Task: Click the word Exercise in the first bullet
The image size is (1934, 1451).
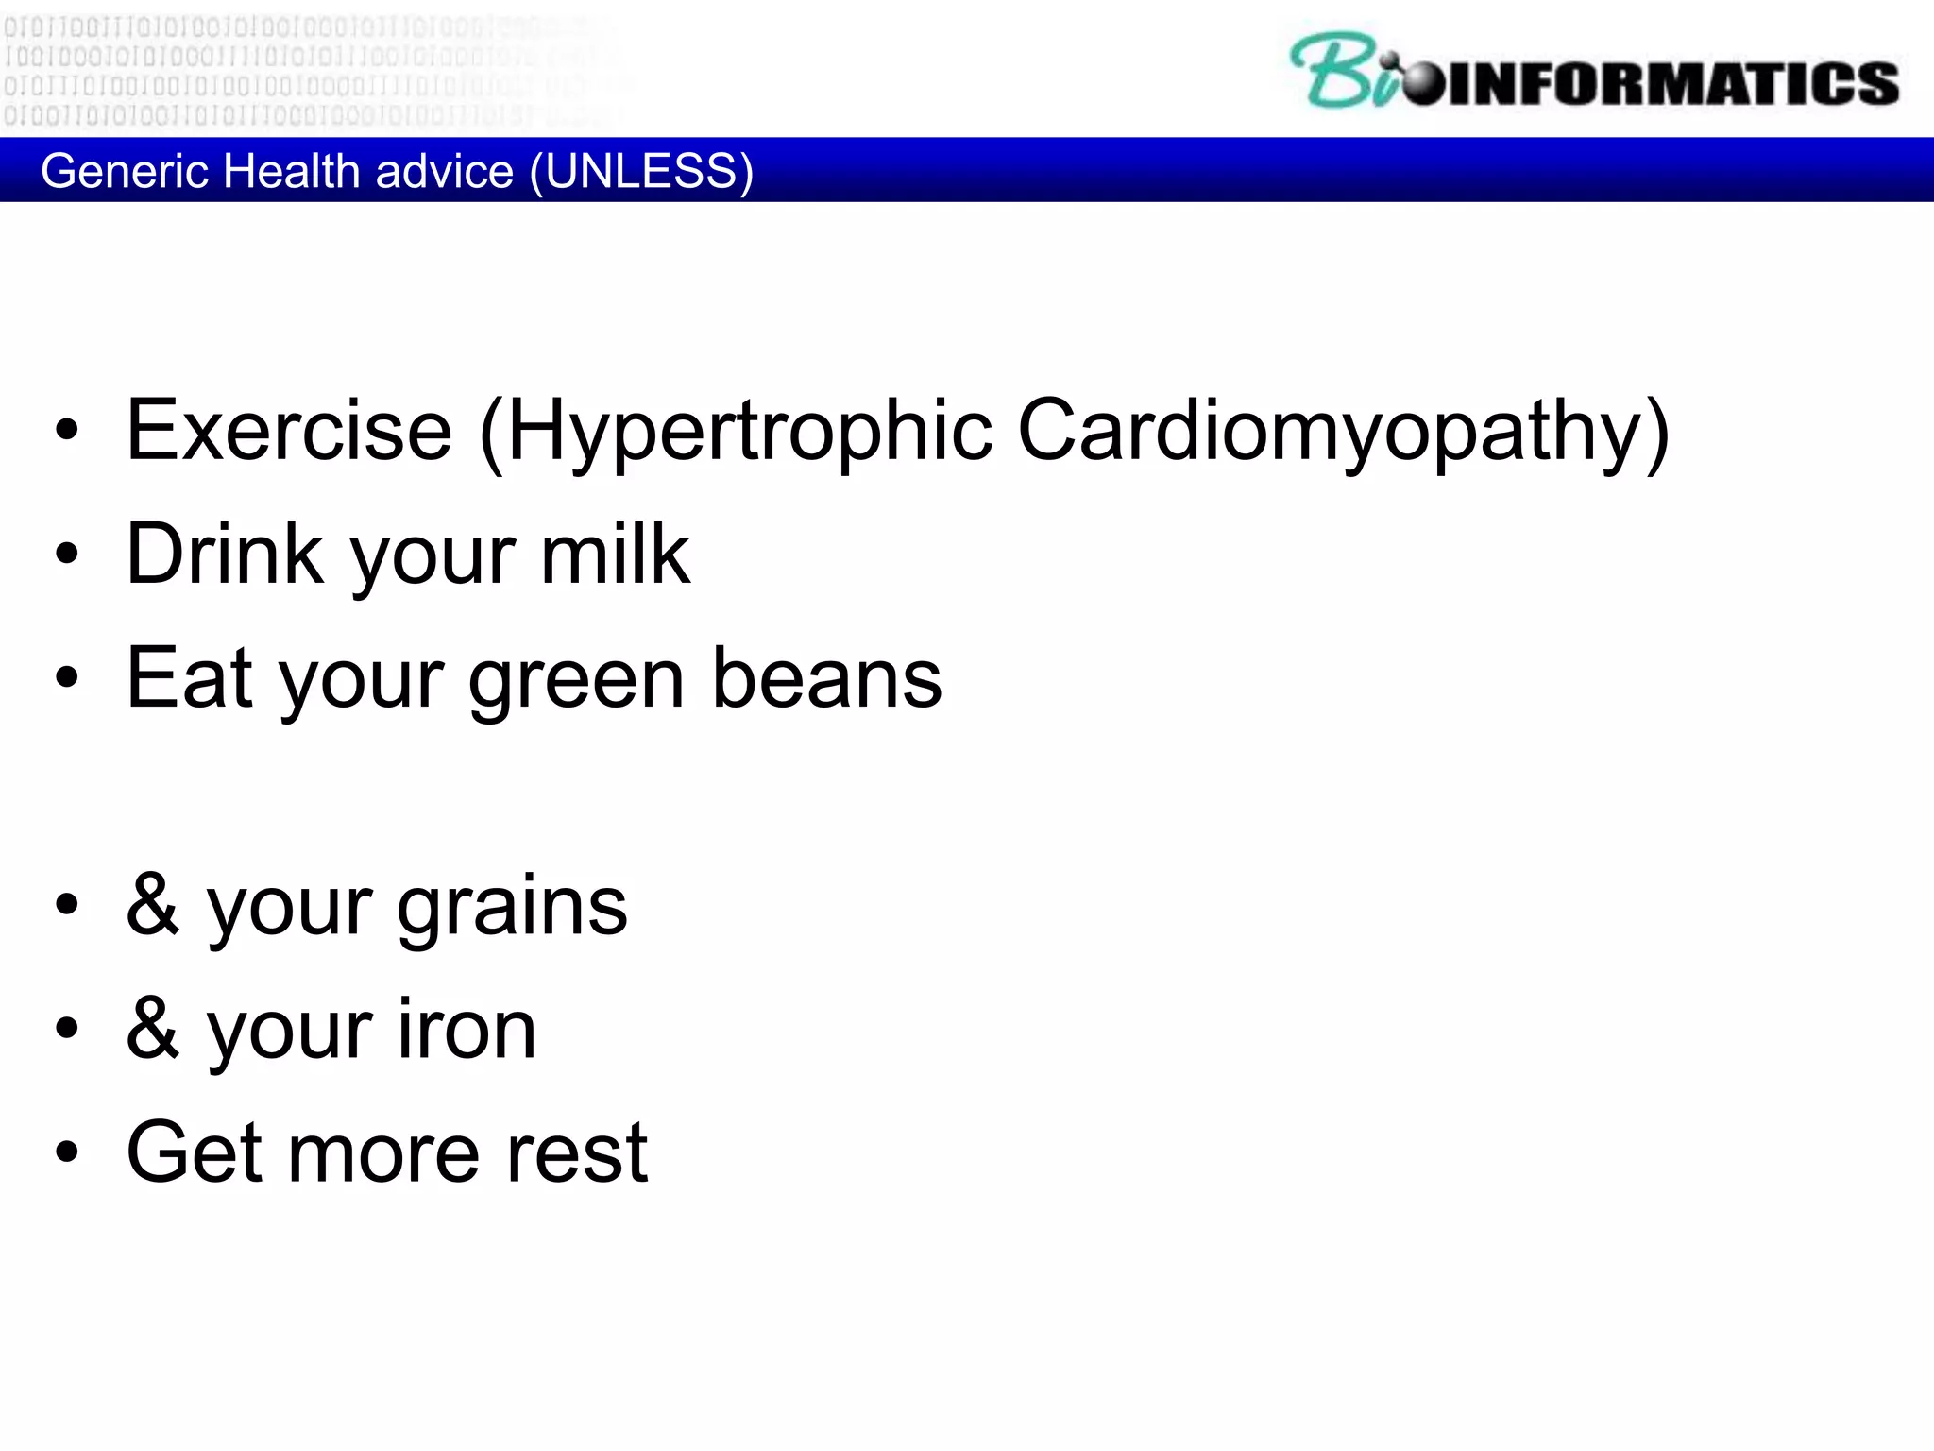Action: tap(289, 431)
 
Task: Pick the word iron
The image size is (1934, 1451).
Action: tap(467, 1029)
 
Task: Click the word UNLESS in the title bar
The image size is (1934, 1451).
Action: tap(641, 171)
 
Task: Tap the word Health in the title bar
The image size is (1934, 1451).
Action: tap(293, 171)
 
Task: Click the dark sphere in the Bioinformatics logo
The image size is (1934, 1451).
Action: tap(1422, 83)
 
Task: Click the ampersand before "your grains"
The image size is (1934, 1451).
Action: tap(153, 904)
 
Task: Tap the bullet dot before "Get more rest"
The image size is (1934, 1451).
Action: tap(67, 1152)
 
